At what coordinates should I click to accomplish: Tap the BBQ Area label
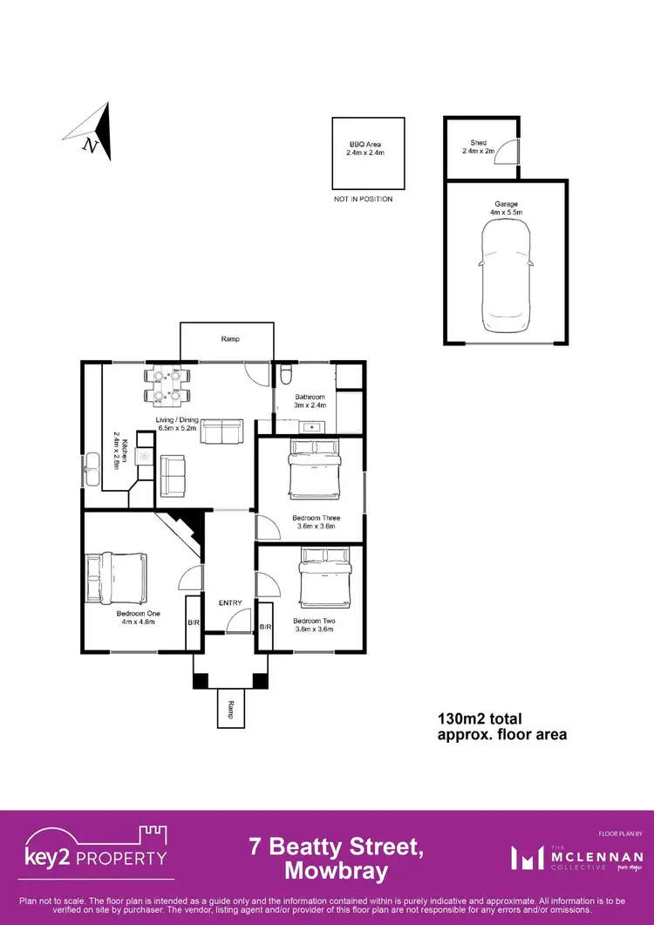367,148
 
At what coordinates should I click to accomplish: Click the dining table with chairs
167,386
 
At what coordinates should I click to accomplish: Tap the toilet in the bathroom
287,375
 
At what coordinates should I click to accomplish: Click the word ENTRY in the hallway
230,603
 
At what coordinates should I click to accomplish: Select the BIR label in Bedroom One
194,622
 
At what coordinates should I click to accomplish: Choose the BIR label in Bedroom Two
266,626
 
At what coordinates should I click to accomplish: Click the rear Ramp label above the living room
230,339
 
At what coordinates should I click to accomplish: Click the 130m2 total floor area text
501,726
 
